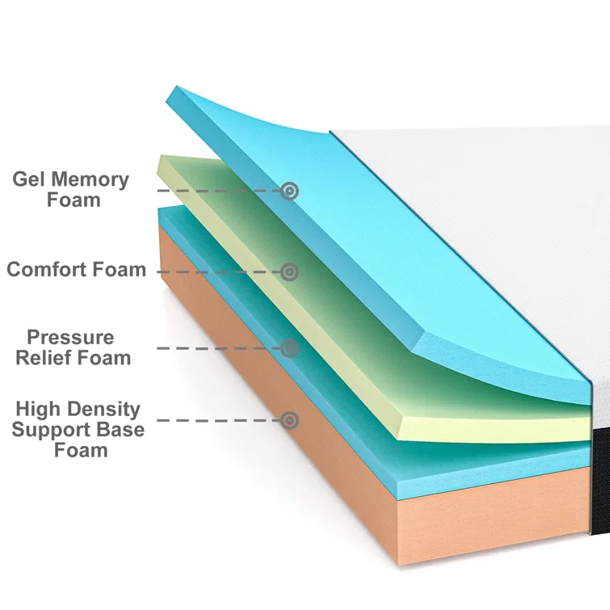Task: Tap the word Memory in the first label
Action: click(90, 179)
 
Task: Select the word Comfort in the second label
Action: click(52, 269)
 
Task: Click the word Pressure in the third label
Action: click(70, 337)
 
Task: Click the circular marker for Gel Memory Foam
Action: click(289, 191)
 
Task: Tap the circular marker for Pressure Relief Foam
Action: click(289, 348)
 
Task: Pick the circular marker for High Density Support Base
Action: click(289, 420)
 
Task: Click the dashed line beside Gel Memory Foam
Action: click(218, 191)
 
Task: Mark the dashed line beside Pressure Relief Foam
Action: click(218, 348)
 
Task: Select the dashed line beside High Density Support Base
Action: click(218, 420)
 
